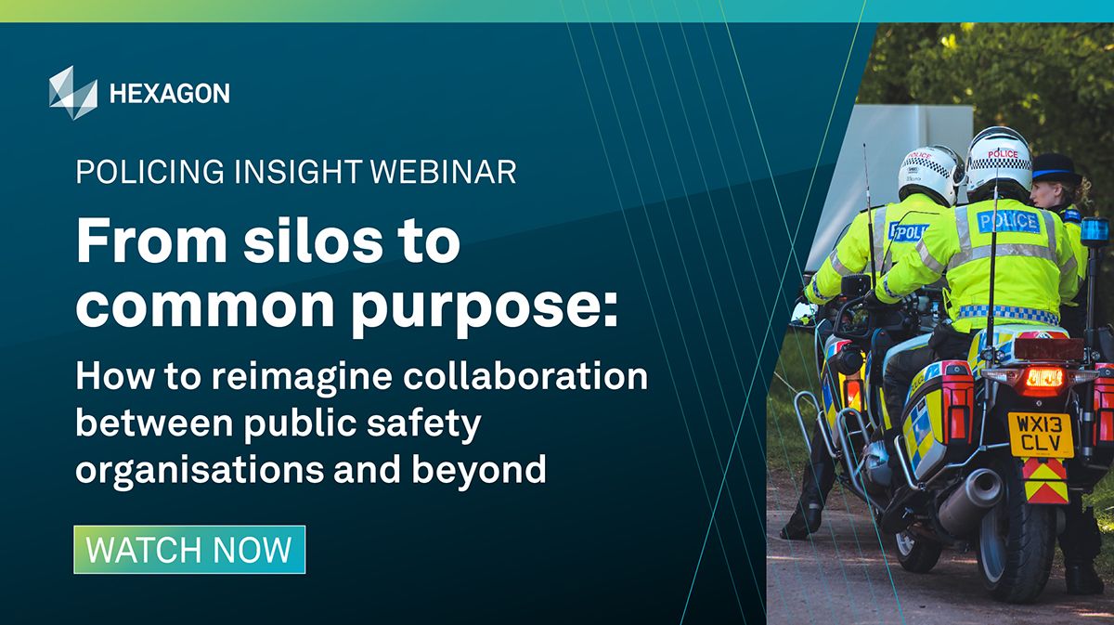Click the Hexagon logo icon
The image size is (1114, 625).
(72, 92)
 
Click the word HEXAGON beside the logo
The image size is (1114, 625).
(169, 93)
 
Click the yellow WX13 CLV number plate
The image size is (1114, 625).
(1041, 435)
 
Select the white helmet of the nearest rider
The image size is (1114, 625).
(999, 159)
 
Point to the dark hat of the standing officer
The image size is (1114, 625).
(1056, 170)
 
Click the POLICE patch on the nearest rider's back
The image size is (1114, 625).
(1008, 221)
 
